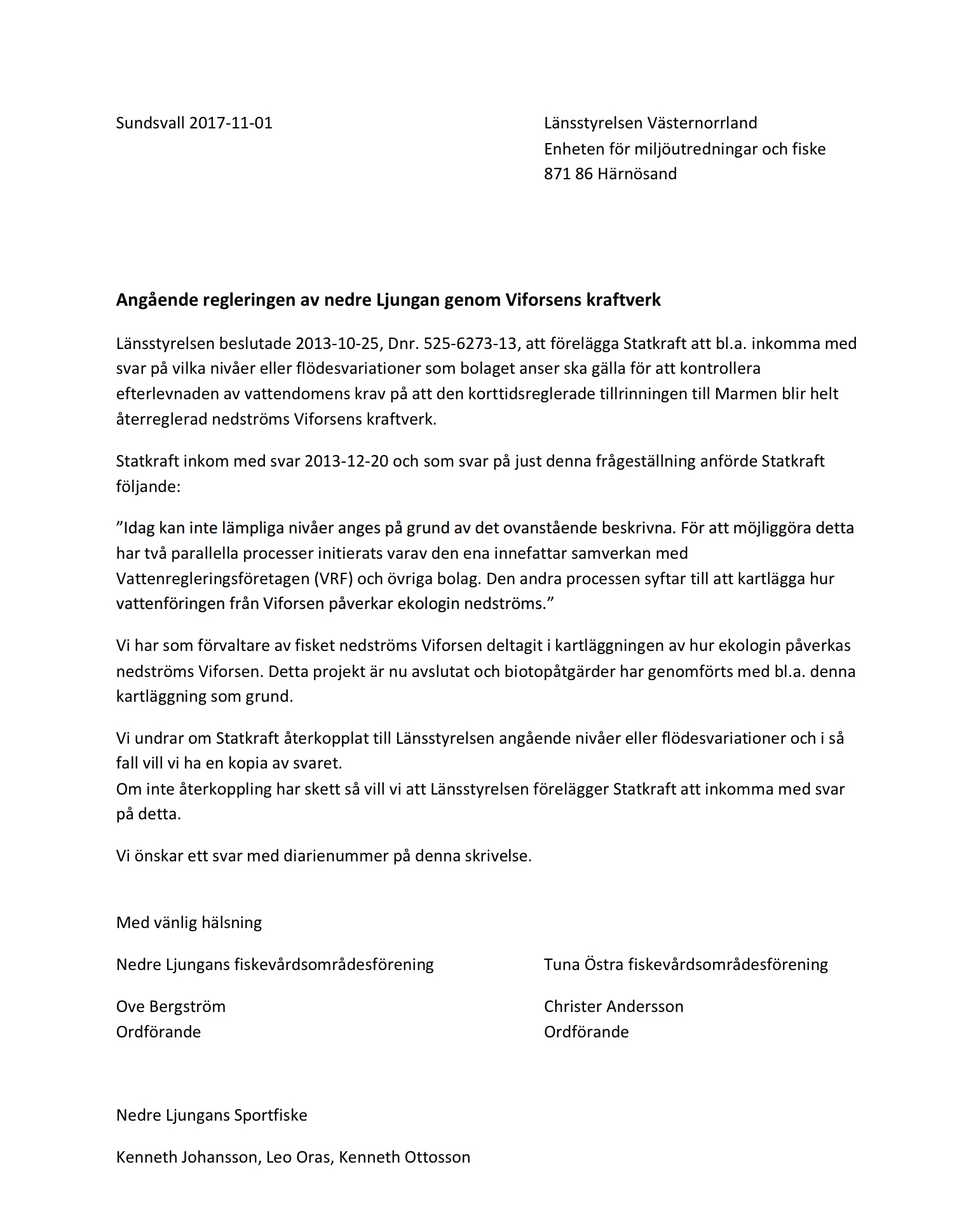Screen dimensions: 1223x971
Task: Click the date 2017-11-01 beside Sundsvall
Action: pos(231,123)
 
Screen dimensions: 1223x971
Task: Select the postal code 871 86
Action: pos(567,174)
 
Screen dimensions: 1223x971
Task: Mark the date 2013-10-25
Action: pos(338,343)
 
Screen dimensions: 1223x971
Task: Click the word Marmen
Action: pos(742,393)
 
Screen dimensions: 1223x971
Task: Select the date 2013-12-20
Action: pos(346,460)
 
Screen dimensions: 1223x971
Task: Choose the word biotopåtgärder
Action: pos(553,671)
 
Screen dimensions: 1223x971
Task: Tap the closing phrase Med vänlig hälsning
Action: pos(189,922)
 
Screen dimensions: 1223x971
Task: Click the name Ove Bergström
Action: pos(171,1006)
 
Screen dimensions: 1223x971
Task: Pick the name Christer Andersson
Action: pos(613,1006)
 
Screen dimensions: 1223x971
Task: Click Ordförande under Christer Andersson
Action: pos(586,1031)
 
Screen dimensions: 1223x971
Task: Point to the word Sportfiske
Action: pos(271,1115)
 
